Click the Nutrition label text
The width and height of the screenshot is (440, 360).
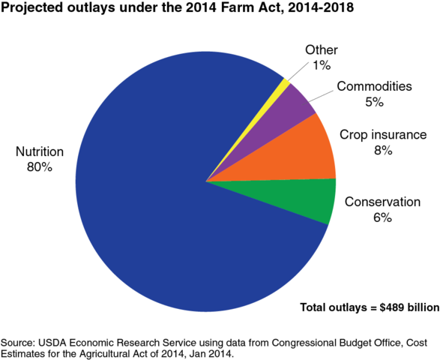[x=40, y=152]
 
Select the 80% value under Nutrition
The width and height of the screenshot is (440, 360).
[x=40, y=167]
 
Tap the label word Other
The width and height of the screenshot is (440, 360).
[x=321, y=50]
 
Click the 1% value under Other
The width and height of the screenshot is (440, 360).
[x=321, y=65]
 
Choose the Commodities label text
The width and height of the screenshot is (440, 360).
[x=373, y=86]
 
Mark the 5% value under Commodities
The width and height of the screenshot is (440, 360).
[x=373, y=101]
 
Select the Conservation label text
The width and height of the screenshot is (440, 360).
[x=382, y=202]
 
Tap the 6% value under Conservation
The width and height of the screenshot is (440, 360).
[x=382, y=217]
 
